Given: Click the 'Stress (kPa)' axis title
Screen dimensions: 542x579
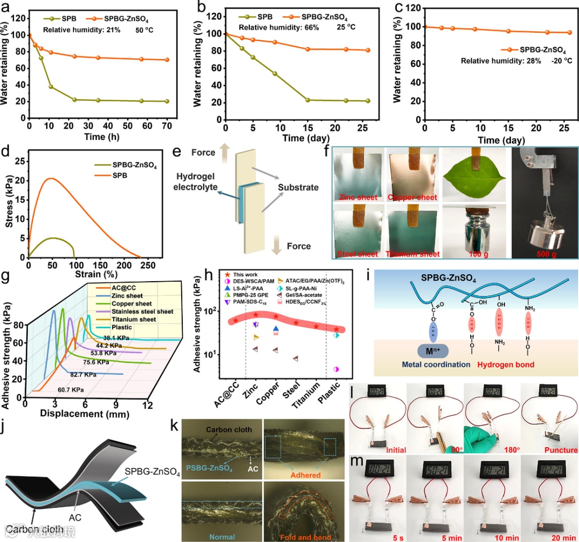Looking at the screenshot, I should [8, 204].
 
